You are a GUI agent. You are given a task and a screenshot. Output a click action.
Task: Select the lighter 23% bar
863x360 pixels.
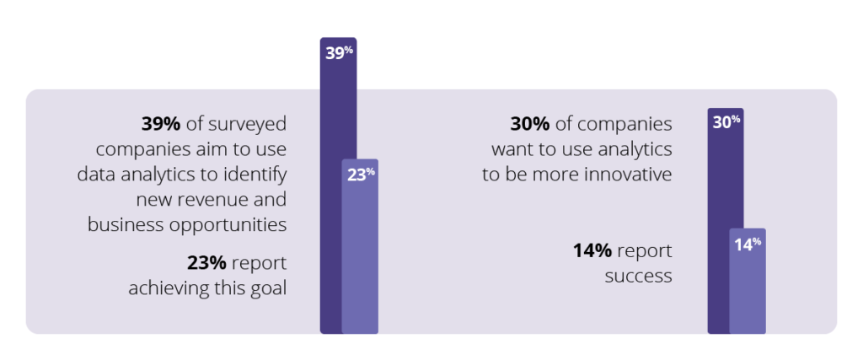tap(361, 253)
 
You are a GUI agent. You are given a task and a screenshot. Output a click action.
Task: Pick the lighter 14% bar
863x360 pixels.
tap(748, 287)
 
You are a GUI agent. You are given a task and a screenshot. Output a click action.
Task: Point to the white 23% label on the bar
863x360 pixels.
tap(361, 175)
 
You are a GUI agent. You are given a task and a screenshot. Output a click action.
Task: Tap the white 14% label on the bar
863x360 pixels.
tap(748, 244)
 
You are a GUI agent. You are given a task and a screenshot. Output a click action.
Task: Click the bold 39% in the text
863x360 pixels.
tap(160, 125)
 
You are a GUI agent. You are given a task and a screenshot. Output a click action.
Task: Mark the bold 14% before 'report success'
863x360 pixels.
tap(592, 250)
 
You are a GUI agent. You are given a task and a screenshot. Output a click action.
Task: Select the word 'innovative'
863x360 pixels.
tap(630, 175)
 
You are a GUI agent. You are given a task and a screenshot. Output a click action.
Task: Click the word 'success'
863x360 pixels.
tap(639, 276)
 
